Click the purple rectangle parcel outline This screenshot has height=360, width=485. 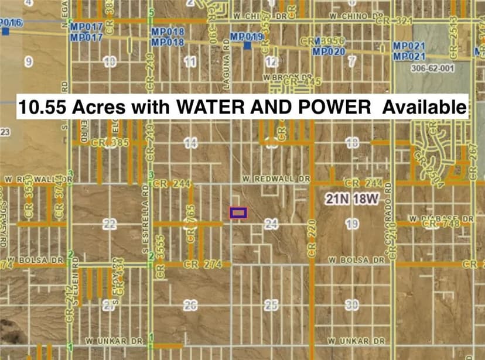tap(238, 213)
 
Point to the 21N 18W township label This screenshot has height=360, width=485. tap(352, 200)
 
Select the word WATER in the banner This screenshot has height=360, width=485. tap(202, 107)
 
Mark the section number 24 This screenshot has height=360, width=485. tap(270, 224)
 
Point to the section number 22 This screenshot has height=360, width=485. tap(110, 224)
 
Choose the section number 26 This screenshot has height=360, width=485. tap(190, 304)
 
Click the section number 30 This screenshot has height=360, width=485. tap(352, 304)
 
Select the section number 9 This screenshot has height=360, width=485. tap(28, 60)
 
